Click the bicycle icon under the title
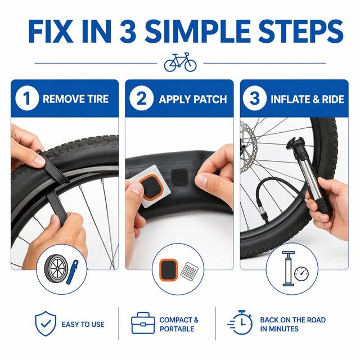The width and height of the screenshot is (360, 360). (180, 62)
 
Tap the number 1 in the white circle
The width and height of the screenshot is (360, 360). (27, 98)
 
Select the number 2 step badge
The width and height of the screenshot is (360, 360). (141, 98)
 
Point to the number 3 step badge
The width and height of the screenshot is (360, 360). (255, 98)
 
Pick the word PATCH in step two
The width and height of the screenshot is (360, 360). (210, 100)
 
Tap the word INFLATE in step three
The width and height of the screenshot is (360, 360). (288, 100)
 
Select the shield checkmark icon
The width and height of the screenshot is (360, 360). (46, 323)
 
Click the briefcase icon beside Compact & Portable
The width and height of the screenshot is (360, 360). (143, 322)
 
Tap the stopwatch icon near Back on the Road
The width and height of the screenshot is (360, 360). (240, 322)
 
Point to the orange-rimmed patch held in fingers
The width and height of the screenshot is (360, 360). (150, 186)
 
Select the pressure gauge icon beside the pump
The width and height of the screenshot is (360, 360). (301, 274)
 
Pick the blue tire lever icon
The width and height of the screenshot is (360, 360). (73, 272)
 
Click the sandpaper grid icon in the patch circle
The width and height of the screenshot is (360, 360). (190, 272)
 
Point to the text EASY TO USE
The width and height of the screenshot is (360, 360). (83, 324)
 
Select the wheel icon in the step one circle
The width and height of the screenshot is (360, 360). (56, 268)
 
